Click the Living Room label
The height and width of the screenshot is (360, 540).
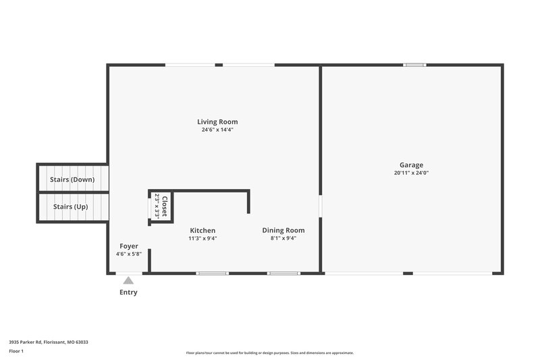coord(217,122)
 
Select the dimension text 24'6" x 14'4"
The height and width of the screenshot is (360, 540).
coord(217,130)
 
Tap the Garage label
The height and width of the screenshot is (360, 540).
coord(411,165)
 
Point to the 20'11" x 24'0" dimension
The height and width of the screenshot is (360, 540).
coord(411,173)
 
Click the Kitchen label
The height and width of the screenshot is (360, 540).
coord(202,230)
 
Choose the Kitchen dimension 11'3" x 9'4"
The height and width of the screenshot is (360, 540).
coord(202,238)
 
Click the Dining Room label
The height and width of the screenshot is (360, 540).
coord(283,230)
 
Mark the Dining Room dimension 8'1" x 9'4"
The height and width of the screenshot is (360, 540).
coord(283,238)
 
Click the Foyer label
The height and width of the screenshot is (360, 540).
coord(129,246)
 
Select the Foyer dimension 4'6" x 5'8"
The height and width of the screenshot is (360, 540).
coord(129,254)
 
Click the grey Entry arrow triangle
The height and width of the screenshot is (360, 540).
coord(128,280)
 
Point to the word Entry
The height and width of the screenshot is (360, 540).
coord(128,292)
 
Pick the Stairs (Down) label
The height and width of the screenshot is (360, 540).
coord(72,180)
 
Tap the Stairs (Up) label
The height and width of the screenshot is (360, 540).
coord(70,207)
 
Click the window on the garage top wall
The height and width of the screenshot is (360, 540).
coord(414,65)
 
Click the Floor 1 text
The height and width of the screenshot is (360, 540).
coord(17,352)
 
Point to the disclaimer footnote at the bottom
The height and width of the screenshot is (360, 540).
coord(270,353)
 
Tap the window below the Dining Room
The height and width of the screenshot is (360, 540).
coord(283,274)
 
